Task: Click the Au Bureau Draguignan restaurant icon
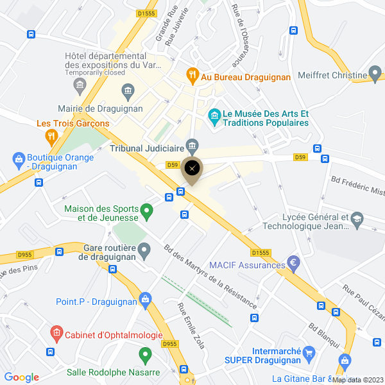pyautogui.click(x=192, y=76)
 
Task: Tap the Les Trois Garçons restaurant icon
pyautogui.click(x=51, y=136)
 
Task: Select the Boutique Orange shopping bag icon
pyautogui.click(x=18, y=158)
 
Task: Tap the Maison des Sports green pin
pyautogui.click(x=146, y=210)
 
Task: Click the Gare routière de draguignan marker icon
pyautogui.click(x=144, y=249)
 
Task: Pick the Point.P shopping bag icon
pyautogui.click(x=146, y=298)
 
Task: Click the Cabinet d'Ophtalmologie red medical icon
pyautogui.click(x=56, y=333)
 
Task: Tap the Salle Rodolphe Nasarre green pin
pyautogui.click(x=145, y=354)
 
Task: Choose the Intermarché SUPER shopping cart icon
pyautogui.click(x=309, y=352)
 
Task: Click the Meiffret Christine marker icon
pyautogui.click(x=376, y=74)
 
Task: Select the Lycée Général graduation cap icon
pyautogui.click(x=357, y=219)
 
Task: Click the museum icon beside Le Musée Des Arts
pyautogui.click(x=213, y=115)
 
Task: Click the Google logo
pyautogui.click(x=21, y=377)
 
